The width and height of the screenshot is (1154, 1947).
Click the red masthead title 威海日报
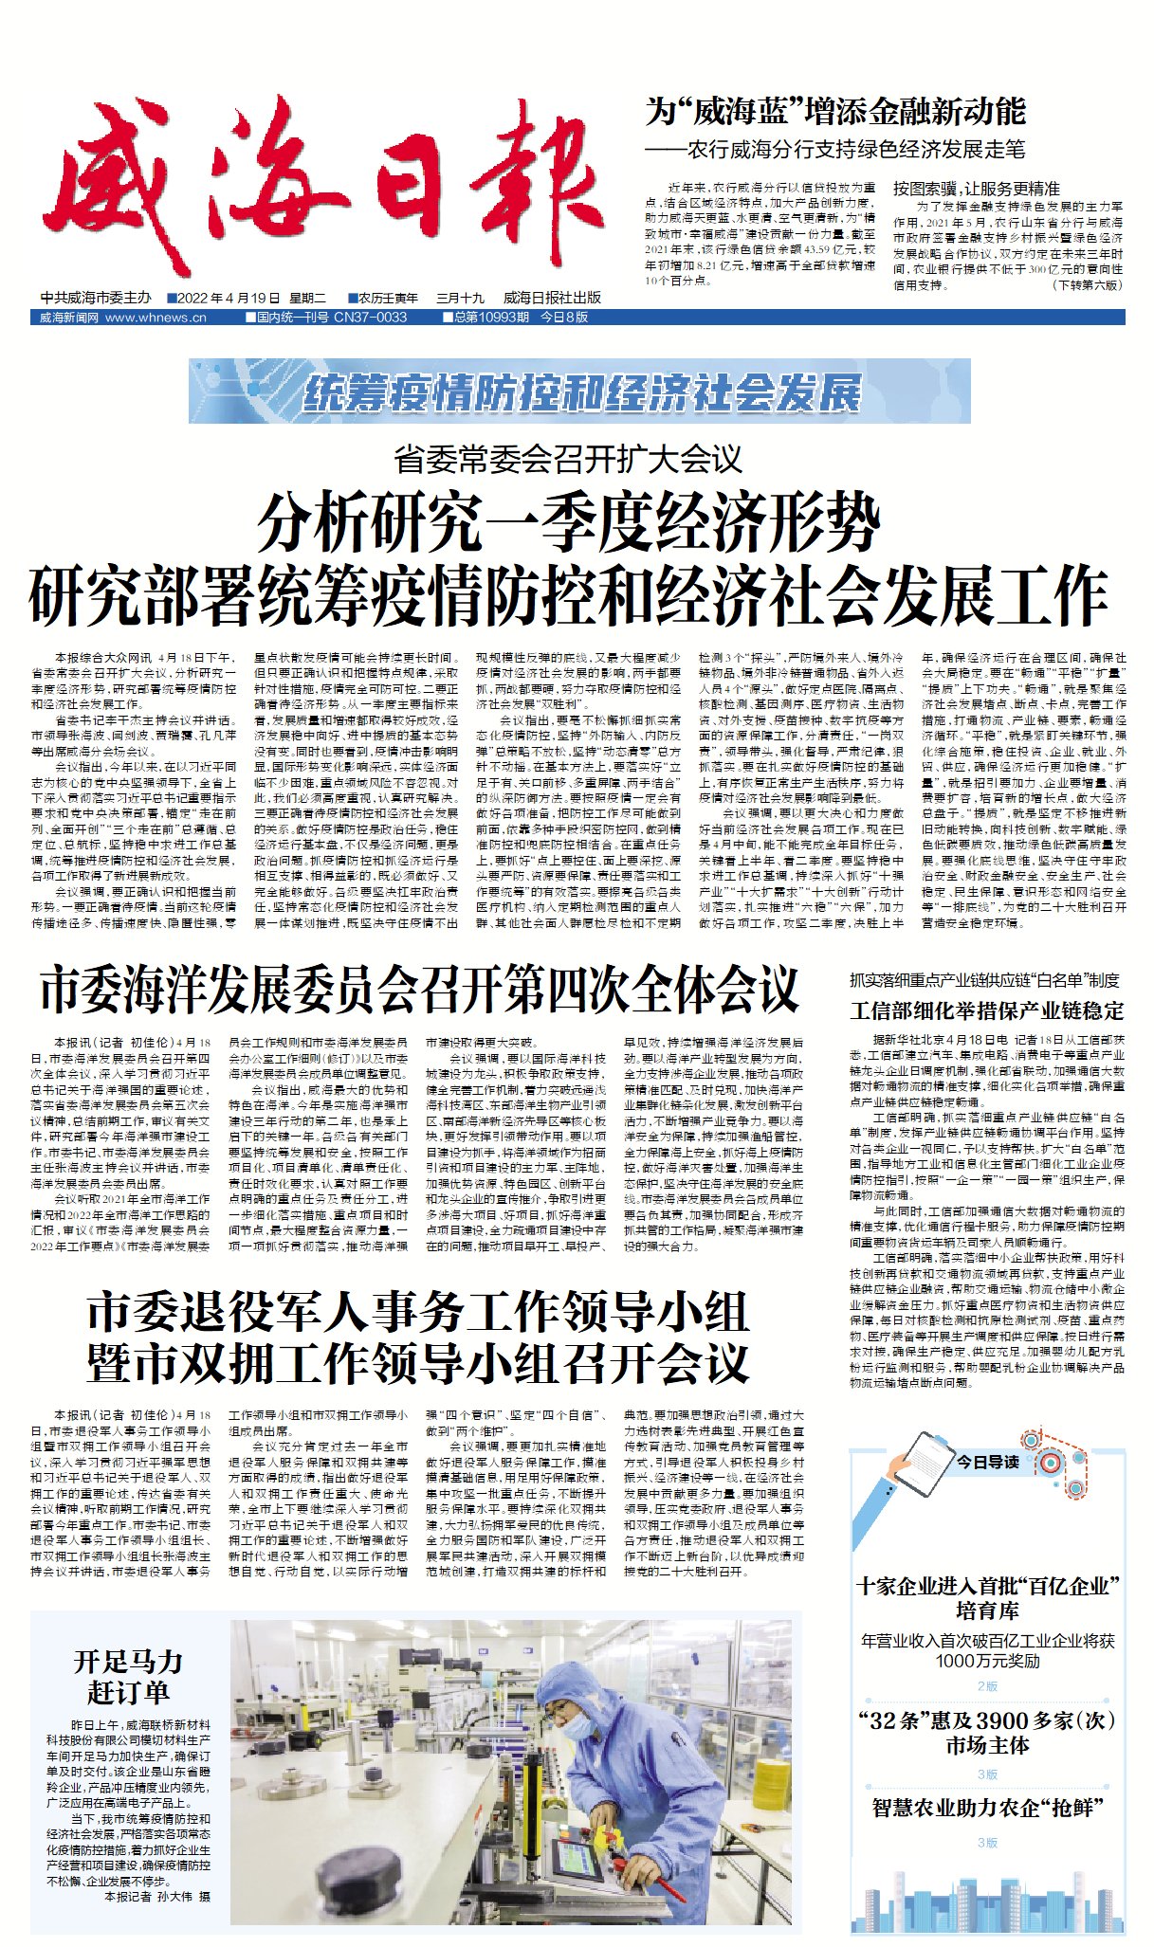point(323,184)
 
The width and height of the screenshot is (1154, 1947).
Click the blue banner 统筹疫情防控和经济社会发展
point(580,392)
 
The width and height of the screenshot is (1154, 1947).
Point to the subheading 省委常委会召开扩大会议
point(568,460)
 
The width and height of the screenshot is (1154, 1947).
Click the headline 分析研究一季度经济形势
point(568,522)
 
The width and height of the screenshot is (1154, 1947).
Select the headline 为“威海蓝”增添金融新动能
point(835,112)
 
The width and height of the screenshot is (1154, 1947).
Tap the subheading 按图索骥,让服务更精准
point(976,189)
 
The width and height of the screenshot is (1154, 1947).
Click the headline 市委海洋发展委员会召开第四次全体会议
point(419,990)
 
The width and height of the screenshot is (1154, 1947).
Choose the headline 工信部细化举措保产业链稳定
point(986,1010)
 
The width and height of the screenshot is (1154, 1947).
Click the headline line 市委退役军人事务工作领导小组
point(418,1313)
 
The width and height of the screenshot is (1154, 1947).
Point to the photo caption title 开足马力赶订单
point(128,1677)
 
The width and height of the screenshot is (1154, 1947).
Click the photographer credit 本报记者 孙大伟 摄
point(157,1897)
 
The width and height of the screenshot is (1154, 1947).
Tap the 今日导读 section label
point(987,1462)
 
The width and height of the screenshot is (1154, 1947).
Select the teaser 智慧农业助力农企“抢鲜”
point(987,1808)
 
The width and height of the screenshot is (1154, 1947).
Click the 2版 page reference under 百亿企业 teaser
point(987,1686)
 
